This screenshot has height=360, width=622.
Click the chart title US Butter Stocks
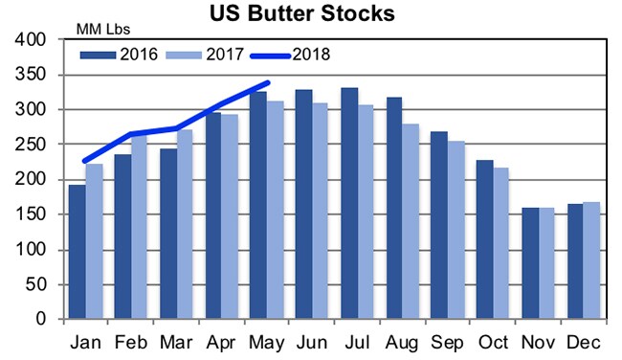(x=304, y=14)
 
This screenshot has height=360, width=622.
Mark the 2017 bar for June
(x=322, y=212)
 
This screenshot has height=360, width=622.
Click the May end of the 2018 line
(x=268, y=83)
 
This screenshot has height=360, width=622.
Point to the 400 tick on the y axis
(x=33, y=40)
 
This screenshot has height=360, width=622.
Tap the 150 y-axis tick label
(x=33, y=214)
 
